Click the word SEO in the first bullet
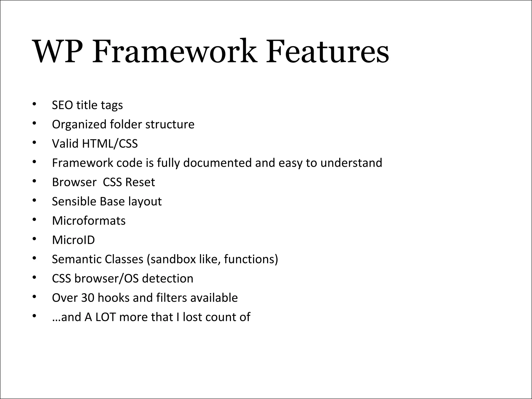(x=62, y=105)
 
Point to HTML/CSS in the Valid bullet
(x=110, y=144)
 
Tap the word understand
(x=351, y=163)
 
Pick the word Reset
(x=140, y=182)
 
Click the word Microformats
(x=89, y=221)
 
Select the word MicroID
(x=74, y=240)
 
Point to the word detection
(x=168, y=278)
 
